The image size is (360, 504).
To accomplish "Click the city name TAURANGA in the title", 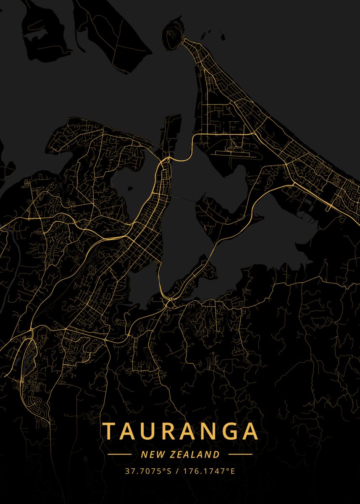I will click(180, 431).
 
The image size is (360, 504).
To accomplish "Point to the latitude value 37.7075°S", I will click(148, 471).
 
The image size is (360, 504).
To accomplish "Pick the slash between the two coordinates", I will click(178, 471).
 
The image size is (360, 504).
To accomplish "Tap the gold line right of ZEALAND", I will click(240, 454).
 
